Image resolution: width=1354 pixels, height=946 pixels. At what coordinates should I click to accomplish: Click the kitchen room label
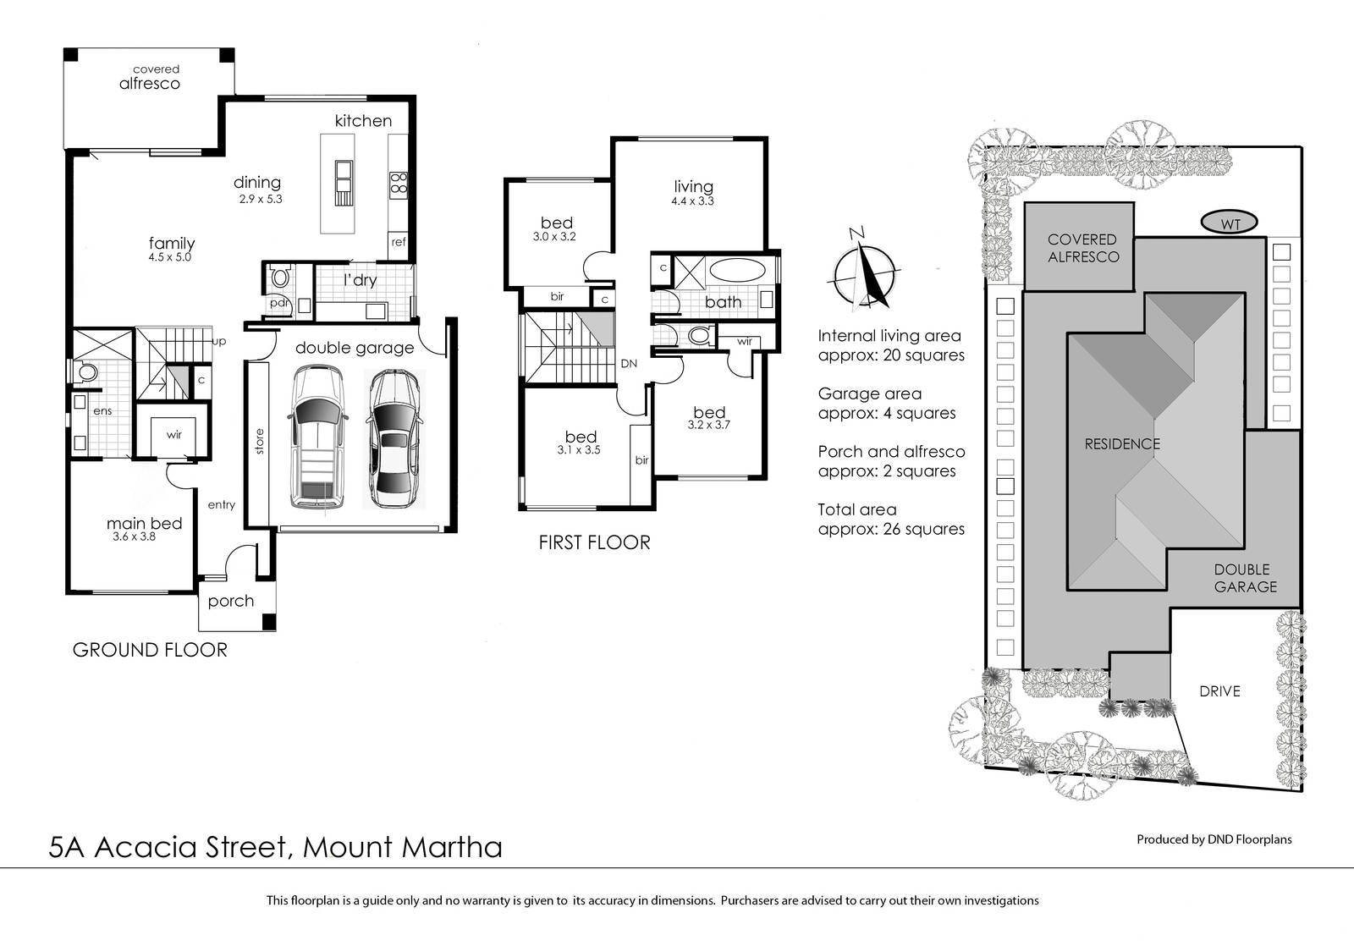pos(363,121)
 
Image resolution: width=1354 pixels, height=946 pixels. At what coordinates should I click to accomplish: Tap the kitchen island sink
pos(344,175)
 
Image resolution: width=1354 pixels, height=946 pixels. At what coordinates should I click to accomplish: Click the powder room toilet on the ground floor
pos(280,278)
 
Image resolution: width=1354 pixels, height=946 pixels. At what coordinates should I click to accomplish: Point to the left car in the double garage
pos(317,437)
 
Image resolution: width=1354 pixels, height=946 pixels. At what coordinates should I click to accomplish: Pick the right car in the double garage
pos(393,439)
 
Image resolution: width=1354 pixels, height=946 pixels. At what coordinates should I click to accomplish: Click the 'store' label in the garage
pos(259,441)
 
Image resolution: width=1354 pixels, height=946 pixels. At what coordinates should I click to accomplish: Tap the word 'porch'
pos(231,601)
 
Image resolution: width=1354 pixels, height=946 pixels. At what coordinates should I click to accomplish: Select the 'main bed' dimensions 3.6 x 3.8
pos(135,536)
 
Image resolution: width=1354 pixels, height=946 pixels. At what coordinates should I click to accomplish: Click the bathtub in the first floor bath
pos(737,270)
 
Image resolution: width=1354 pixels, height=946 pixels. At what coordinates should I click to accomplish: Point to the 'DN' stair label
pos(629,364)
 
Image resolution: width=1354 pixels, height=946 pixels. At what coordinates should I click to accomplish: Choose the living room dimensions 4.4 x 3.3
pos(692,201)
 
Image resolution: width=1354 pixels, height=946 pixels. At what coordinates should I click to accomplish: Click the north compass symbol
pos(864,272)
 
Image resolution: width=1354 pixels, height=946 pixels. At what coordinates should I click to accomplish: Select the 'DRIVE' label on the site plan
pos(1219,691)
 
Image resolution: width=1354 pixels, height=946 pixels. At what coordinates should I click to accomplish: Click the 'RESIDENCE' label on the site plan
pos(1122,444)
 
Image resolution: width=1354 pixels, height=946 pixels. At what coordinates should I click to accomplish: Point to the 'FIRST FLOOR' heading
pos(595,543)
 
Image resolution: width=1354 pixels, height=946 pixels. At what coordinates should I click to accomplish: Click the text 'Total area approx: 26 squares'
pos(891,520)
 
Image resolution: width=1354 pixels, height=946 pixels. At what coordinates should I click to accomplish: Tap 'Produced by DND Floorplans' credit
pos(1214,839)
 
